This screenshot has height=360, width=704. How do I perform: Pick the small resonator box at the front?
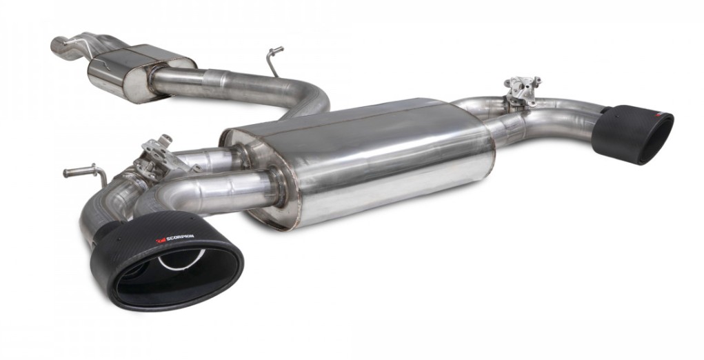click(x=140, y=72)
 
